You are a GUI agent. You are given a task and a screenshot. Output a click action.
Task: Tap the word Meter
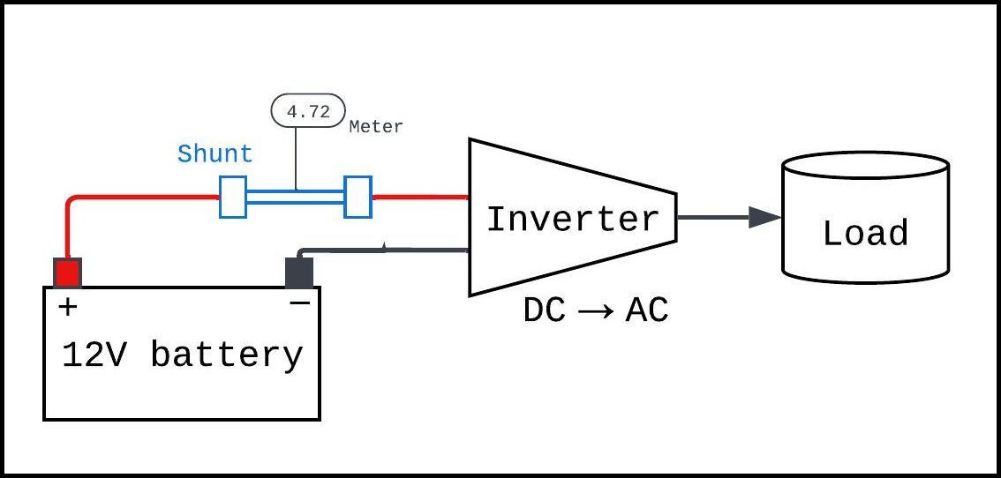click(x=376, y=127)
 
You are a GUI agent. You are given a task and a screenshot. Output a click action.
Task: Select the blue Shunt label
click(x=214, y=153)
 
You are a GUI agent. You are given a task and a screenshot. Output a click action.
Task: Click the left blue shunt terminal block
click(x=232, y=197)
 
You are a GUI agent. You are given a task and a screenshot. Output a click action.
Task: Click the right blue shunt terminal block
click(x=357, y=197)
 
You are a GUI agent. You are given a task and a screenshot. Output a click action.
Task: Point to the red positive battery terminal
click(x=68, y=273)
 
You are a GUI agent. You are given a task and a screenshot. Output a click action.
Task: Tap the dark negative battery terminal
click(x=299, y=273)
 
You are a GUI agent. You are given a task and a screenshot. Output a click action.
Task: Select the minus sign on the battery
click(x=300, y=303)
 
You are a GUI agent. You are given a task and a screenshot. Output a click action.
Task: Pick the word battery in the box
click(x=227, y=355)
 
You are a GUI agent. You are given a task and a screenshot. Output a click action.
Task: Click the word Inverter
click(x=573, y=220)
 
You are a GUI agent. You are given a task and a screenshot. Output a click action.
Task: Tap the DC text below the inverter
click(x=545, y=310)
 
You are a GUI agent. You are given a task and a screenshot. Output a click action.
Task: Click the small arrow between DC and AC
click(x=596, y=311)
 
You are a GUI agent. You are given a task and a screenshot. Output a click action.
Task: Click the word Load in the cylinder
click(x=865, y=234)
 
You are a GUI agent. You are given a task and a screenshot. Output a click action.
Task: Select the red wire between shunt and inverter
click(x=419, y=197)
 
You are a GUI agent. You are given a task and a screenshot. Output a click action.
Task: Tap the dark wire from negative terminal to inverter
click(x=388, y=251)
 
